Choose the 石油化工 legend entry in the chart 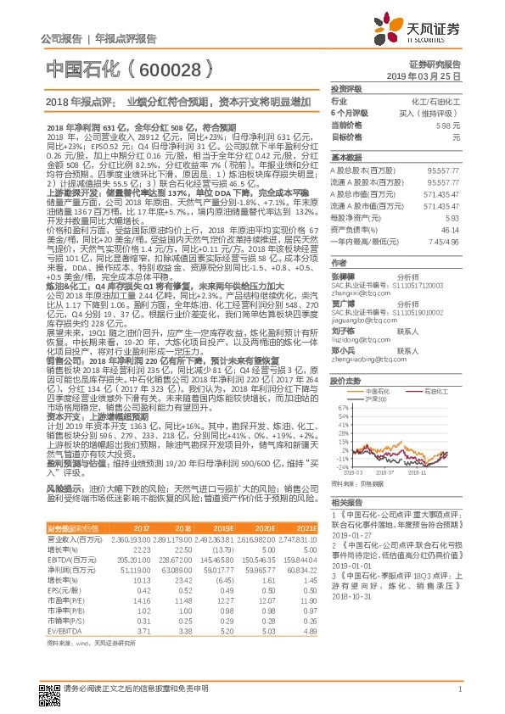(435, 391)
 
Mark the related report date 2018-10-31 (353, 594)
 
